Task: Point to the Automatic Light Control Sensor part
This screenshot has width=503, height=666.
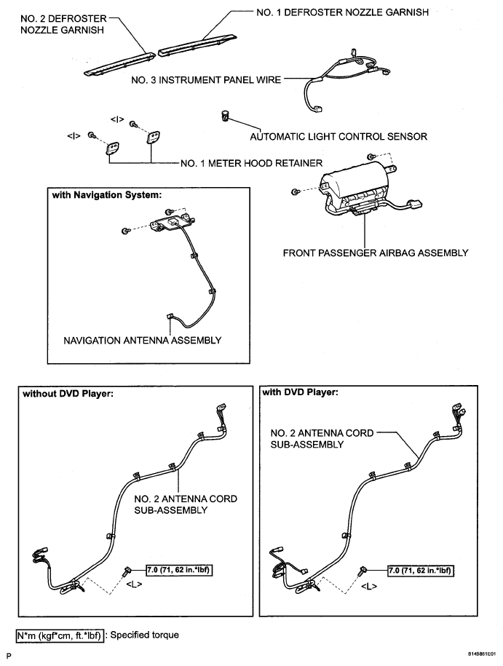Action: [226, 115]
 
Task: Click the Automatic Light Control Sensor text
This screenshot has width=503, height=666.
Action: [338, 136]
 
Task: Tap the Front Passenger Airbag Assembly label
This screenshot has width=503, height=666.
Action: [374, 253]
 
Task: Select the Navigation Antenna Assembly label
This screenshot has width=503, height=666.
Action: [143, 340]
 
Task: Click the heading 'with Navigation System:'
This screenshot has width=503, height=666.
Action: [106, 195]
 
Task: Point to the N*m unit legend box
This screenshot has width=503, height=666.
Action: [59, 635]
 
